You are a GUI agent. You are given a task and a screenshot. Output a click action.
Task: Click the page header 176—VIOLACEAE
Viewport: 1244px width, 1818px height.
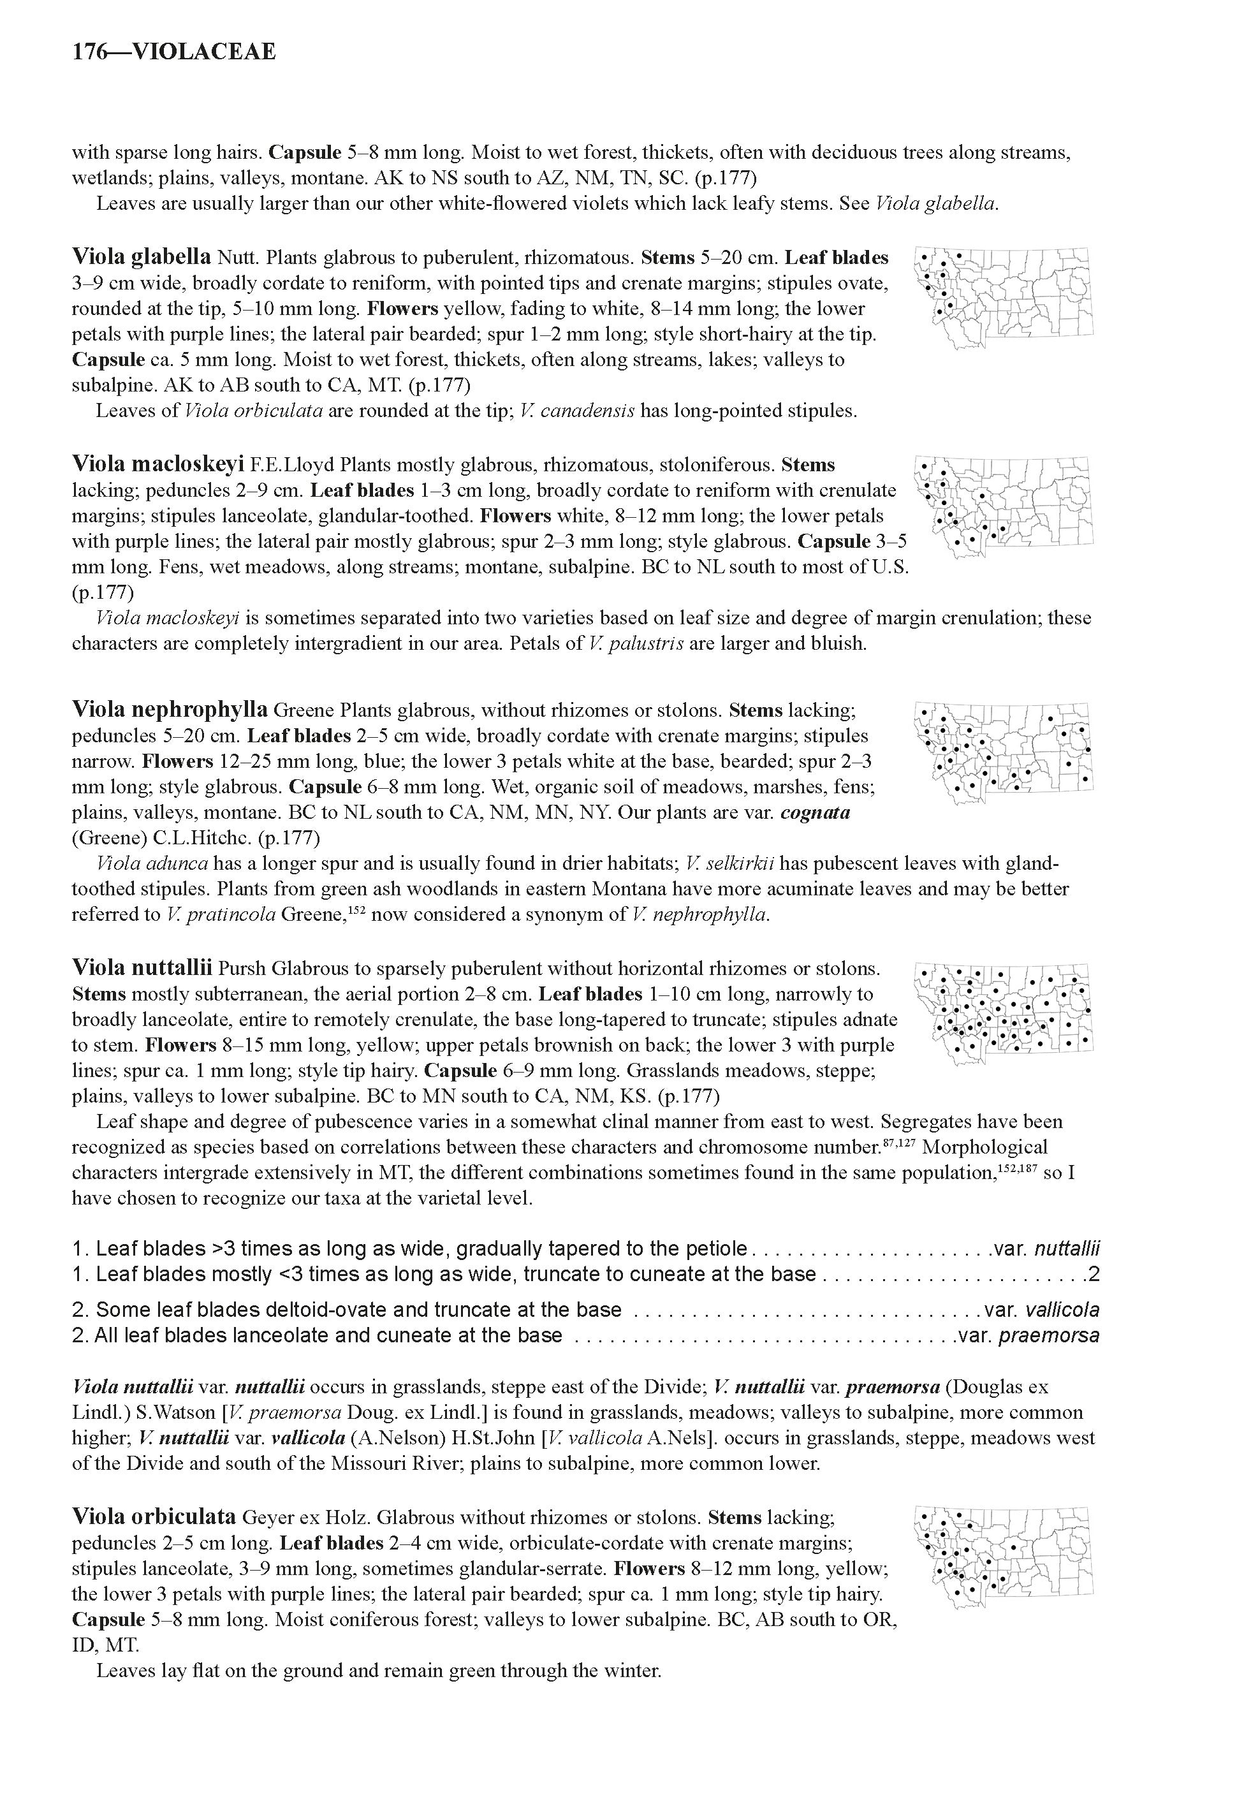(x=173, y=52)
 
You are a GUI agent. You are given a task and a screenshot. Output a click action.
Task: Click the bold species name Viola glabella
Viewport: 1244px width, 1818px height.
(x=141, y=256)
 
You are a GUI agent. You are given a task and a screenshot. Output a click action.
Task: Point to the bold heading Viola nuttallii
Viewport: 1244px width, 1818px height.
(x=142, y=969)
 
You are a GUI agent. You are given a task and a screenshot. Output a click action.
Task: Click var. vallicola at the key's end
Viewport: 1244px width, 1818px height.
(x=1041, y=1310)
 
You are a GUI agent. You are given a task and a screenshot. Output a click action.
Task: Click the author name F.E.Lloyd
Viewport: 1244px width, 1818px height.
(x=293, y=465)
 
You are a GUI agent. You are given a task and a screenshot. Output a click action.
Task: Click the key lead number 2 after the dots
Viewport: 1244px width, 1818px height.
(x=1094, y=1274)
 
